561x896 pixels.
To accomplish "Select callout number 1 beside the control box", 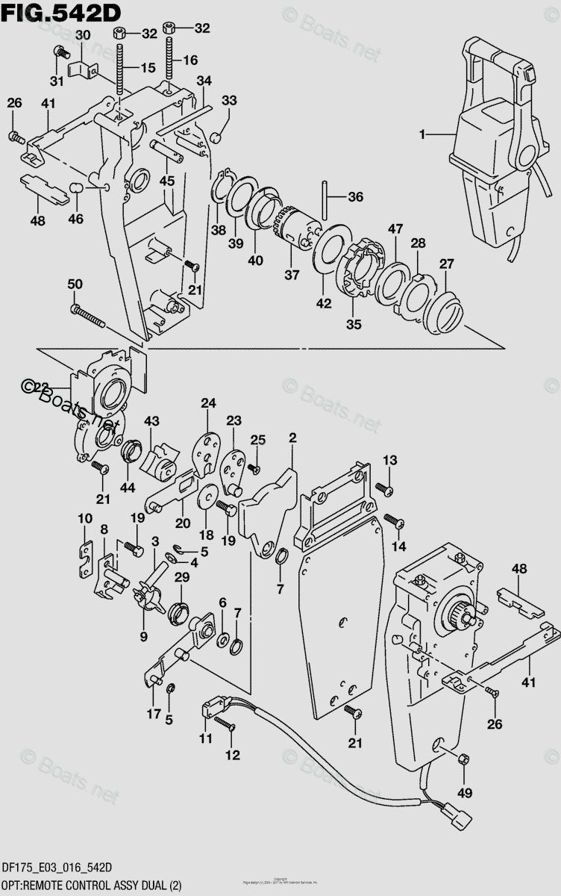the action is [x=423, y=134].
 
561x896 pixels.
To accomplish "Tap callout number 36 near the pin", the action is [x=356, y=198].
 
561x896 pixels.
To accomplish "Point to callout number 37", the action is [x=291, y=276].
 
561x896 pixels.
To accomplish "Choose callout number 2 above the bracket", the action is [x=292, y=438].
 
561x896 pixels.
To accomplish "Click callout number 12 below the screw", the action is [x=233, y=755].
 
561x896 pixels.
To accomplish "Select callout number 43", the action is [x=152, y=422].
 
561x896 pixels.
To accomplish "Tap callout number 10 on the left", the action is [x=85, y=518].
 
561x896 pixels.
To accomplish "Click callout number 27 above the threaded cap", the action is [x=446, y=264].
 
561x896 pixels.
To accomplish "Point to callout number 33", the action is [x=229, y=101].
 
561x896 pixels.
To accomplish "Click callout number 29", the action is [x=182, y=578].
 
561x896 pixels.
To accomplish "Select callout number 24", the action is [x=207, y=404].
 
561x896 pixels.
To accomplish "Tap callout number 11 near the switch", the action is [x=205, y=738].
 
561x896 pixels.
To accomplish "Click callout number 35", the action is [x=353, y=325].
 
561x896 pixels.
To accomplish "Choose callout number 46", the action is [x=76, y=219].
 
